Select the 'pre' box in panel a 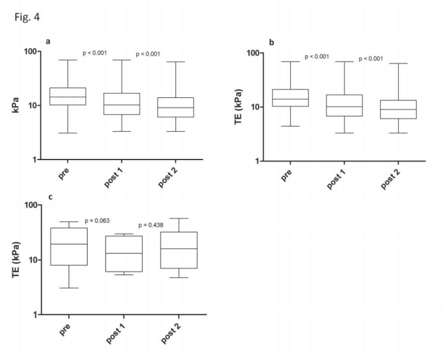67,96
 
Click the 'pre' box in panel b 290,97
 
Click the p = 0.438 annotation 152,225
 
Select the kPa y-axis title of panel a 15,104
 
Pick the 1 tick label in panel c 37,315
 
